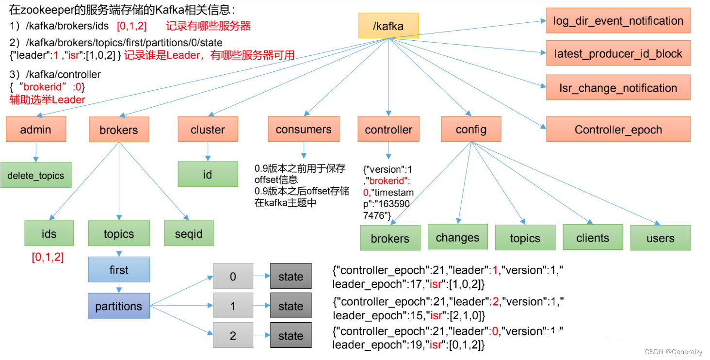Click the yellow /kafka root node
pyautogui.click(x=388, y=26)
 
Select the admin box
pyautogui.click(x=35, y=129)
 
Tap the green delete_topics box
pyautogui.click(x=36, y=175)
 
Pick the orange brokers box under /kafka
pyautogui.click(x=119, y=130)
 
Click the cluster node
pyautogui.click(x=208, y=129)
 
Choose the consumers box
pyautogui.click(x=304, y=129)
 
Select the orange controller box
pyautogui.click(x=388, y=129)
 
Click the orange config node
pyautogui.click(x=471, y=129)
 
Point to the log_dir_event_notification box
pyautogui.click(x=618, y=21)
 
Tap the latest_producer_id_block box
pyautogui.click(x=618, y=53)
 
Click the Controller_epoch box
pyautogui.click(x=618, y=129)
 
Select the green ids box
pyautogui.click(x=49, y=233)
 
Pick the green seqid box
pyautogui.click(x=188, y=233)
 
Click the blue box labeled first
pyautogui.click(x=119, y=269)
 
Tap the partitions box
pyautogui.click(x=119, y=306)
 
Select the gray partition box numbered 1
pyautogui.click(x=233, y=306)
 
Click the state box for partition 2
pyautogui.click(x=290, y=336)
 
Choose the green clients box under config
pyautogui.click(x=593, y=237)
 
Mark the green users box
pyautogui.click(x=660, y=238)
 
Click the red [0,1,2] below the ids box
pyautogui.click(x=48, y=257)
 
